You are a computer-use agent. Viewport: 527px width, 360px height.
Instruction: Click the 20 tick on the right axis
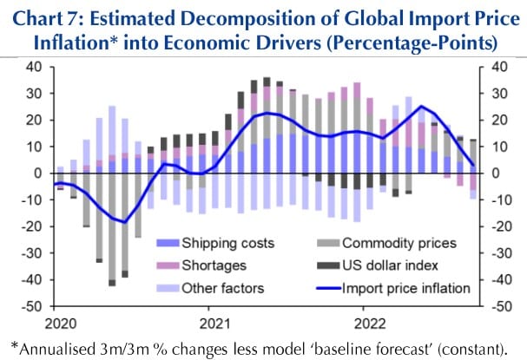[499, 120]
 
